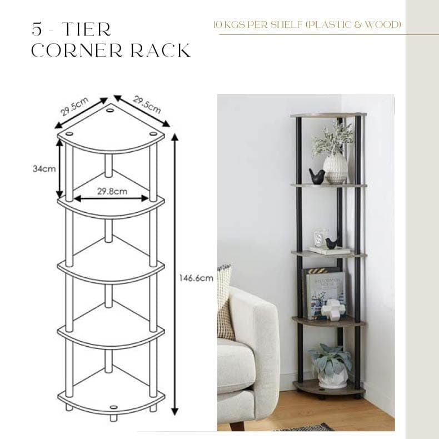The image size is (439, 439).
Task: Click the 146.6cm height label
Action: tap(196, 279)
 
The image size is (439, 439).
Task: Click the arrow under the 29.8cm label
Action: tap(112, 198)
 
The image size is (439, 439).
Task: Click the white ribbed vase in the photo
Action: tap(335, 168)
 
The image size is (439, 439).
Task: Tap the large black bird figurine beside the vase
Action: tap(317, 177)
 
